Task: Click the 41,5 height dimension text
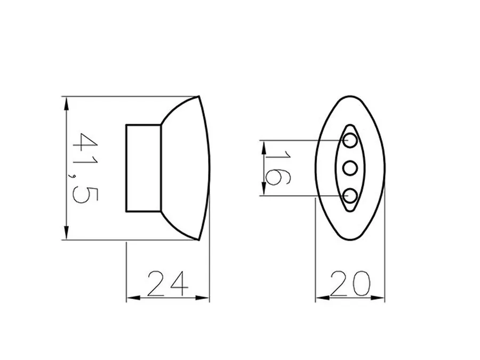[x=84, y=169]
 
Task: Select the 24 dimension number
[x=167, y=284]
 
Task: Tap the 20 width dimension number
[x=350, y=283]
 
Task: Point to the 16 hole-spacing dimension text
[x=277, y=167]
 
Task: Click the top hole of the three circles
[x=350, y=140]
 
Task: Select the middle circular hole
[x=350, y=168]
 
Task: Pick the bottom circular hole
[x=350, y=196]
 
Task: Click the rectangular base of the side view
[x=143, y=168]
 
